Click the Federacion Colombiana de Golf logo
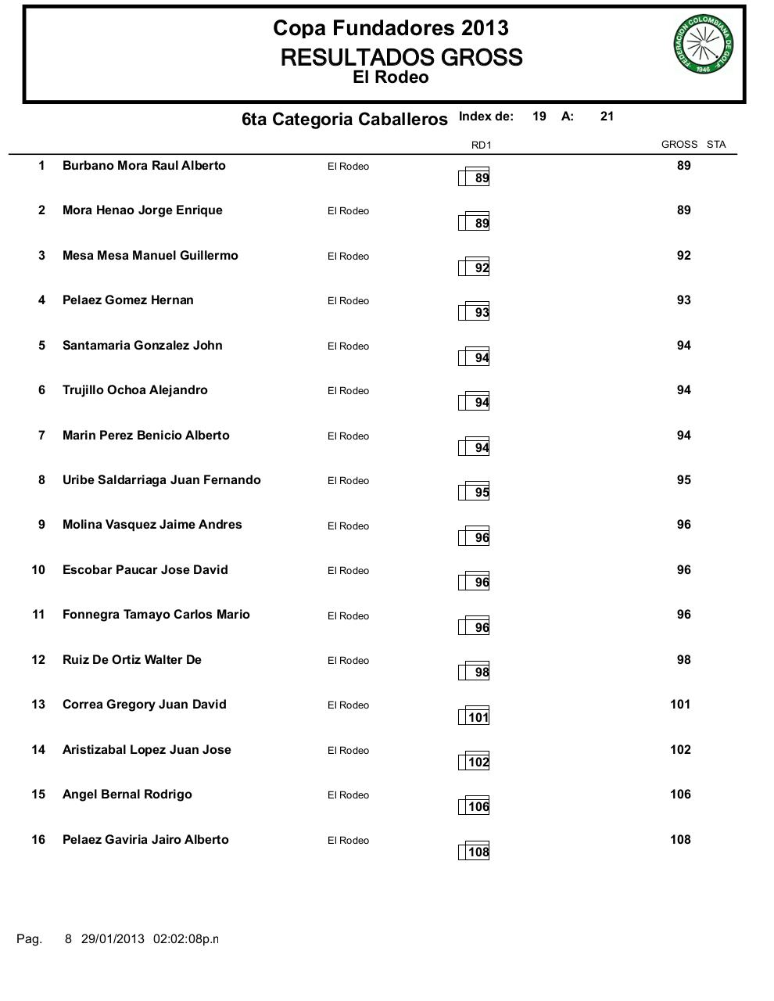point(703,45)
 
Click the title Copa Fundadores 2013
point(390,28)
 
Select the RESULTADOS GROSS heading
point(401,58)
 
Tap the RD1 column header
point(481,145)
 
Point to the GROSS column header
point(679,145)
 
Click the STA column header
point(716,145)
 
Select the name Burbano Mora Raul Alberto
point(144,166)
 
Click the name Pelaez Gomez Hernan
point(128,300)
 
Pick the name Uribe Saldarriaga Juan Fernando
point(162,480)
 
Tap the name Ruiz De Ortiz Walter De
point(132,660)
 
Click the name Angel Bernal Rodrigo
point(127,795)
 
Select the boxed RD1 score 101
point(478,718)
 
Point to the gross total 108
point(680,840)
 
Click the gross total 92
point(683,256)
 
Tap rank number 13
point(38,705)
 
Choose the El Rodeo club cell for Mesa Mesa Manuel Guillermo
point(348,257)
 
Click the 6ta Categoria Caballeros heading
point(345,120)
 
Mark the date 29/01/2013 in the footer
point(113,939)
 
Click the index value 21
point(607,117)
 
